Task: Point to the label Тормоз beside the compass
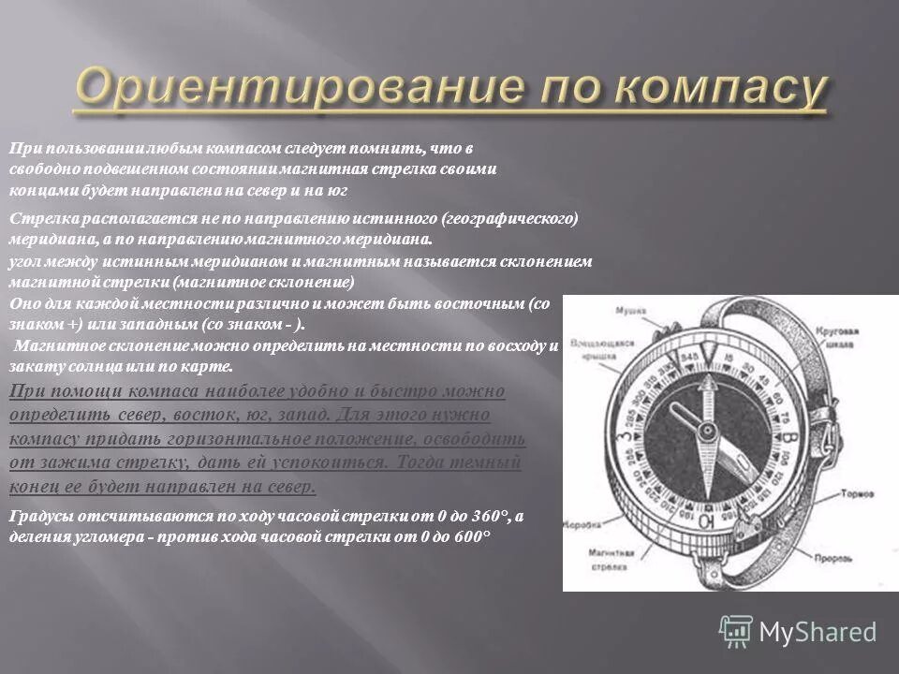(858, 492)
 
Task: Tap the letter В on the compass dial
(791, 438)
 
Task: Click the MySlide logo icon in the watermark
(736, 630)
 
